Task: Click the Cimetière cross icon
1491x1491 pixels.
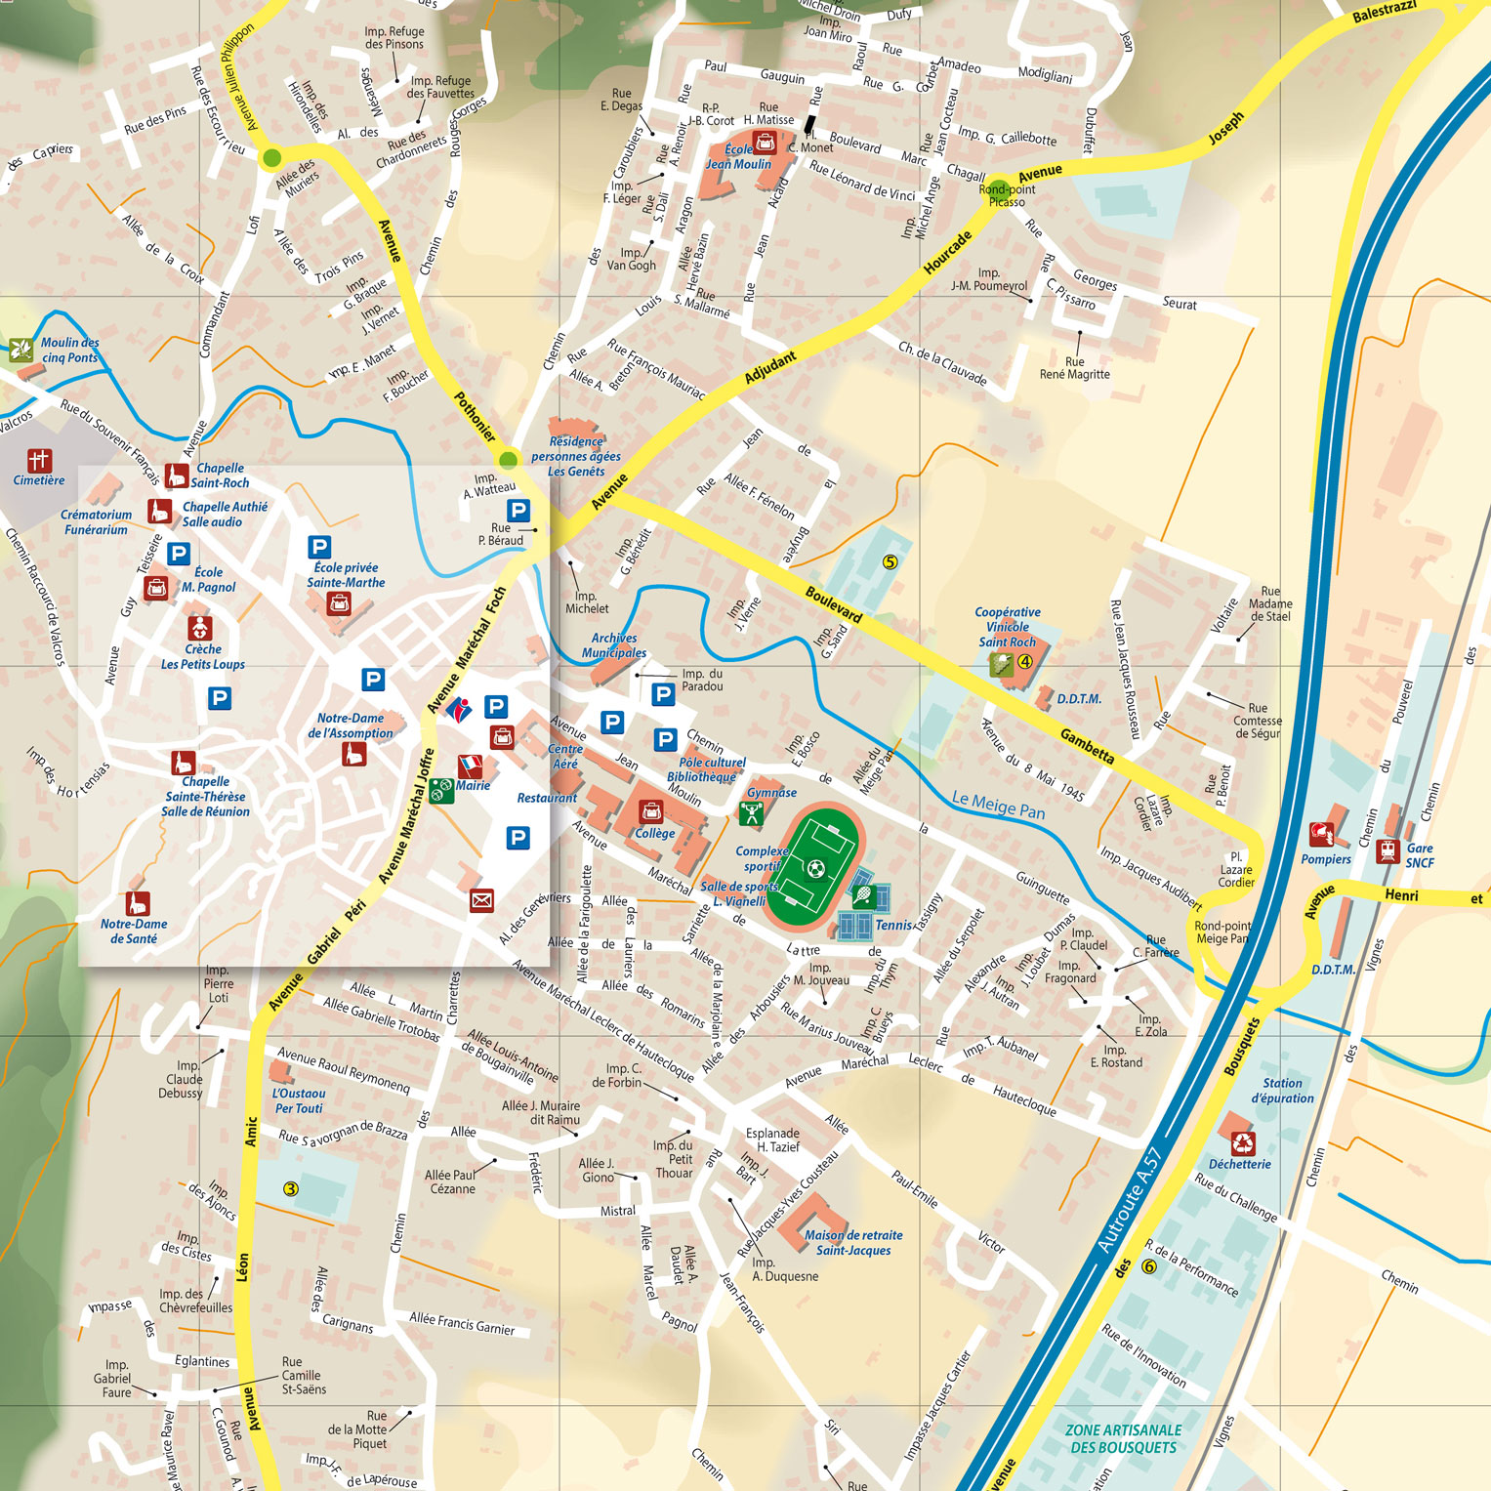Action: pyautogui.click(x=38, y=460)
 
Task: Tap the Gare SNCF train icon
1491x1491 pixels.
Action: pyautogui.click(x=1387, y=850)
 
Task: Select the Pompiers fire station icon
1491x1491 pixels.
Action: pyautogui.click(x=1321, y=835)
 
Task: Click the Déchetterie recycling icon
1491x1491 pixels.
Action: pyautogui.click(x=1242, y=1142)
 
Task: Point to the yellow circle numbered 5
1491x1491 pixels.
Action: pyautogui.click(x=890, y=561)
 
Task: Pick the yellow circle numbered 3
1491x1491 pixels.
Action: pyautogui.click(x=290, y=1188)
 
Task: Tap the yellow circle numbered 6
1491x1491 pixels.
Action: pyautogui.click(x=1149, y=1266)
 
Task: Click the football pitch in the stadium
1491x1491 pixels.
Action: pyautogui.click(x=815, y=866)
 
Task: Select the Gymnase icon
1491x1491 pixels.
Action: pyautogui.click(x=751, y=812)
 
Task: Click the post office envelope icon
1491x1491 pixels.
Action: pyautogui.click(x=481, y=900)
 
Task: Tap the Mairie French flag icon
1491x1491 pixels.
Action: pyautogui.click(x=470, y=766)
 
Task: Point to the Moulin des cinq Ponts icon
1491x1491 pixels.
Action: pyautogui.click(x=21, y=349)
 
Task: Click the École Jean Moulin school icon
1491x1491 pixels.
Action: pyautogui.click(x=766, y=144)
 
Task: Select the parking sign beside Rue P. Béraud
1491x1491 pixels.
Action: pyautogui.click(x=518, y=510)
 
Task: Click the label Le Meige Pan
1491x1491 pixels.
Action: pyautogui.click(x=998, y=805)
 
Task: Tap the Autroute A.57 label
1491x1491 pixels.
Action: pyautogui.click(x=1129, y=1200)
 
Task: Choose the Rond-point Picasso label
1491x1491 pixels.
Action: pyautogui.click(x=1007, y=195)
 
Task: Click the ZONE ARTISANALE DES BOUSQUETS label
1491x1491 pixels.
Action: pyautogui.click(x=1123, y=1438)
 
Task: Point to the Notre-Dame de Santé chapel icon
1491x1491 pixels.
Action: pyautogui.click(x=138, y=903)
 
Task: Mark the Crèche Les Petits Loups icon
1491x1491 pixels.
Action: pyautogui.click(x=199, y=627)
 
